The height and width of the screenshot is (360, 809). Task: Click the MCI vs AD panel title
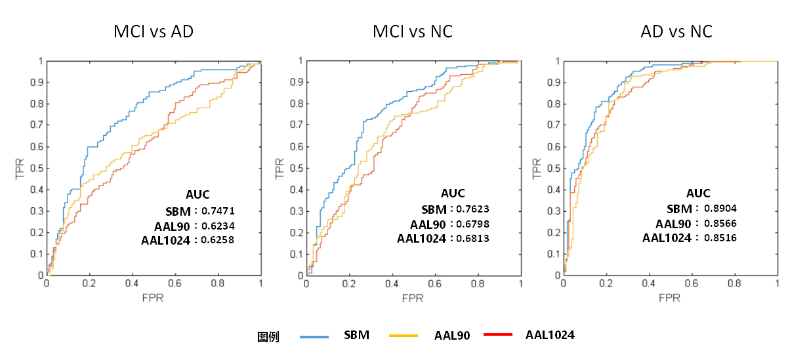[x=154, y=31]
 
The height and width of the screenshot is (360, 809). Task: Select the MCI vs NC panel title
[x=413, y=31]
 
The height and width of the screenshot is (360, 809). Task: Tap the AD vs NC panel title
[x=676, y=31]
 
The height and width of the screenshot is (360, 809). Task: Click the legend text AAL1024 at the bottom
[x=550, y=335]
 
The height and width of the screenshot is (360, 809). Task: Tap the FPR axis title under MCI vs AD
[x=154, y=298]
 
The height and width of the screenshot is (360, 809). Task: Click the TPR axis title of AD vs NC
[x=537, y=169]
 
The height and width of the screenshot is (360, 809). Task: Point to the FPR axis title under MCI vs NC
[x=413, y=298]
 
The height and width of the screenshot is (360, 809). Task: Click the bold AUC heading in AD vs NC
[x=698, y=193]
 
